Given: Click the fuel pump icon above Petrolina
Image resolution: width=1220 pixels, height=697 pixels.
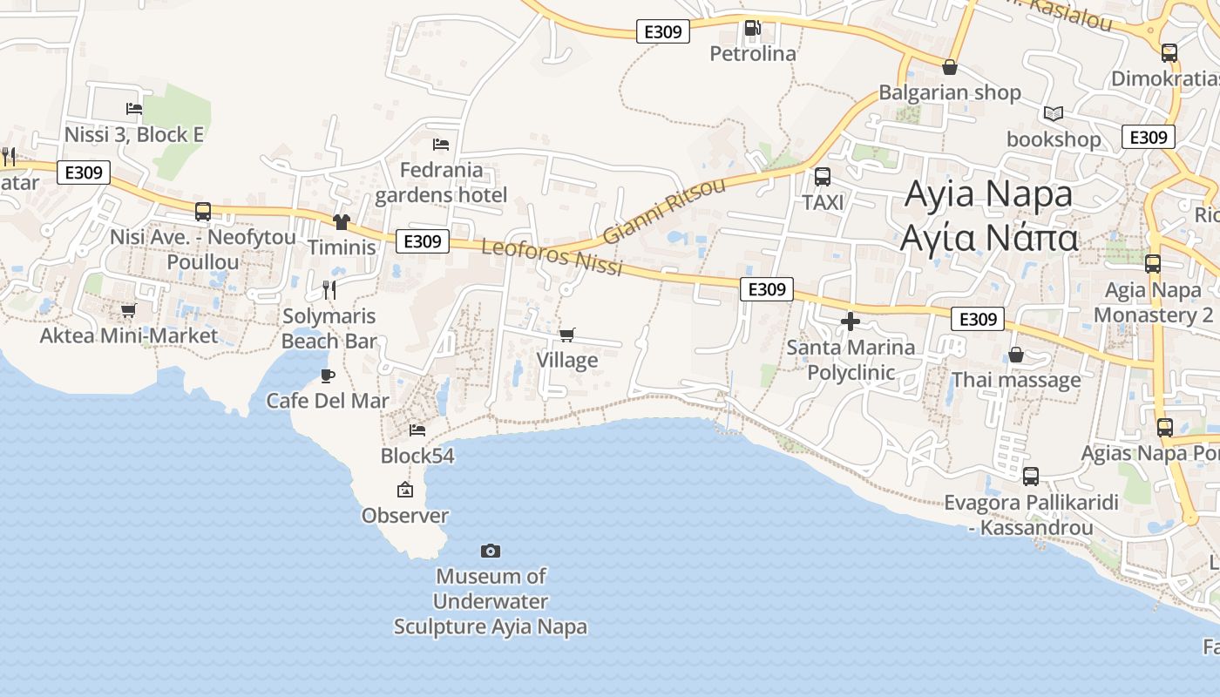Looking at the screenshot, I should tap(752, 28).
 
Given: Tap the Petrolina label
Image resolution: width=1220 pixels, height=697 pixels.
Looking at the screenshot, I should tap(753, 54).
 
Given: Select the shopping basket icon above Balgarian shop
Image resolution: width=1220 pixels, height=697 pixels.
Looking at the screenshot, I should tap(950, 67).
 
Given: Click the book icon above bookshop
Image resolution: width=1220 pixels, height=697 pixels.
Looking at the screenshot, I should tap(1054, 113).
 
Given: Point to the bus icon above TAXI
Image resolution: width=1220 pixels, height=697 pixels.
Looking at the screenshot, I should tap(822, 178).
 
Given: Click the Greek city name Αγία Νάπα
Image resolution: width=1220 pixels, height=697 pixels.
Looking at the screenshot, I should tap(989, 237).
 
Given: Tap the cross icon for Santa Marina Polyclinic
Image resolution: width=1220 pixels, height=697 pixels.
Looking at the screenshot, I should tap(851, 322).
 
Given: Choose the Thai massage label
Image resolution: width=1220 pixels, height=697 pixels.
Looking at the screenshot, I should tap(1016, 380).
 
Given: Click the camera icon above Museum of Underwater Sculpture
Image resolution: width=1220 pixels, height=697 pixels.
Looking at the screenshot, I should tap(491, 551).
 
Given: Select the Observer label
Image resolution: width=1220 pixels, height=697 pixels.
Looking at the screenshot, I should tap(405, 516).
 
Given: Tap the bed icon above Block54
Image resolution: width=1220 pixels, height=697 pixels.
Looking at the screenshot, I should tap(417, 430).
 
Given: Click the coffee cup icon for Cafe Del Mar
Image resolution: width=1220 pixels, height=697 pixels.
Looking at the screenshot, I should tap(328, 376).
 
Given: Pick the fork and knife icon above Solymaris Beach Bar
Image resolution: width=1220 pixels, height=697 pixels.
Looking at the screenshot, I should tap(329, 290).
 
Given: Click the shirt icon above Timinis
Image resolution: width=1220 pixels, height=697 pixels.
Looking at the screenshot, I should tap(341, 222).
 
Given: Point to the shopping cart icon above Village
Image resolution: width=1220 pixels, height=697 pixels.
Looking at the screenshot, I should tap(567, 335).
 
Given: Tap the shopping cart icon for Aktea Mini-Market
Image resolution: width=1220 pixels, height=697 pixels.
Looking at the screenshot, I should tap(129, 310).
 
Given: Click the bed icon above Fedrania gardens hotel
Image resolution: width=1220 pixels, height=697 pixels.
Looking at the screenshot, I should tap(441, 144).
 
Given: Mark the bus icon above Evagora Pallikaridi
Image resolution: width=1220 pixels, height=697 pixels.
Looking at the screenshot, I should tap(1031, 477).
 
